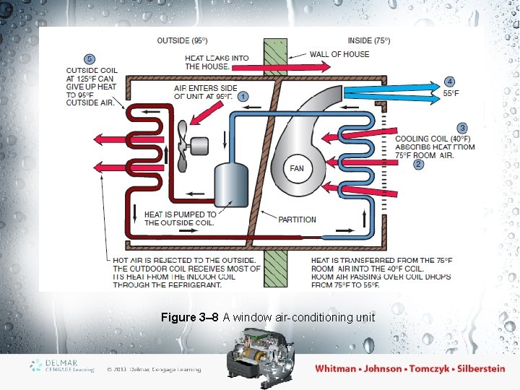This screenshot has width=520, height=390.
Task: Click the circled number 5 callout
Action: tap(89, 58)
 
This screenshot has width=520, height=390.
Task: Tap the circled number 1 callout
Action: tap(243, 96)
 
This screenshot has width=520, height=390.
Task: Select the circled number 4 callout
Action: tap(450, 82)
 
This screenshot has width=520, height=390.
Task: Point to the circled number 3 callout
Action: tap(461, 129)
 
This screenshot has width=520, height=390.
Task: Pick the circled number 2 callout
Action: tap(418, 165)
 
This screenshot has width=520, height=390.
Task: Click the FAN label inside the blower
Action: tap(297, 168)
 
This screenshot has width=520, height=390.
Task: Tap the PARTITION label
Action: tap(297, 220)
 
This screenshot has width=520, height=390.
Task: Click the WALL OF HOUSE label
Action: tap(339, 54)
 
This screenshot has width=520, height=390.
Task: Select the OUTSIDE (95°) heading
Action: tap(182, 40)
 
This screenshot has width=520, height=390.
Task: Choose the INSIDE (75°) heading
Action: tap(369, 40)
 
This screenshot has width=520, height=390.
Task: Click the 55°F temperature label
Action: tap(451, 94)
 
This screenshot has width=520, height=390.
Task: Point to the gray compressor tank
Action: tap(231, 186)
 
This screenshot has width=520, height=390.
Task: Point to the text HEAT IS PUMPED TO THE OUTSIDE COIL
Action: tap(180, 218)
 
